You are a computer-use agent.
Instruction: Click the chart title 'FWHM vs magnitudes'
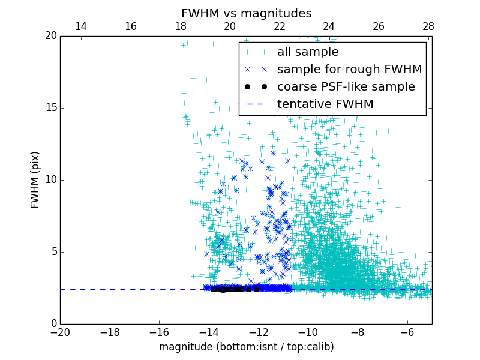tap(246, 13)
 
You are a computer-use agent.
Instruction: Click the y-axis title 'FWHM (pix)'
tap(35, 180)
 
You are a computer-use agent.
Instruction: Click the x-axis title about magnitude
tap(246, 347)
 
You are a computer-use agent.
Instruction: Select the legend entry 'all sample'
tap(307, 52)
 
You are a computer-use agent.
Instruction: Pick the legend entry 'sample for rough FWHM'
tap(349, 70)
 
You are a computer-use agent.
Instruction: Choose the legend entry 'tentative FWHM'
tap(325, 104)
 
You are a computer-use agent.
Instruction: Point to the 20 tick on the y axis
tap(50, 36)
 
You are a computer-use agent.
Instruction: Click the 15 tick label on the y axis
tap(50, 108)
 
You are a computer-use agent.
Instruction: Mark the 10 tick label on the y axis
tap(50, 180)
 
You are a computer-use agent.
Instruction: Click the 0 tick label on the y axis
tap(53, 324)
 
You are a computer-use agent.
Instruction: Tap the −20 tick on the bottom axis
tap(60, 332)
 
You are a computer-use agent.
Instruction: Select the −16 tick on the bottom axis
tap(159, 332)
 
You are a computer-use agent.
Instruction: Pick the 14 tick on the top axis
tap(81, 26)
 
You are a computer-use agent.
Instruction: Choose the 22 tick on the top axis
tap(280, 26)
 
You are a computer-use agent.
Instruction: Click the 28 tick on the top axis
tap(428, 26)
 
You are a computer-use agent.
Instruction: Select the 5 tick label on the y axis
tap(53, 252)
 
